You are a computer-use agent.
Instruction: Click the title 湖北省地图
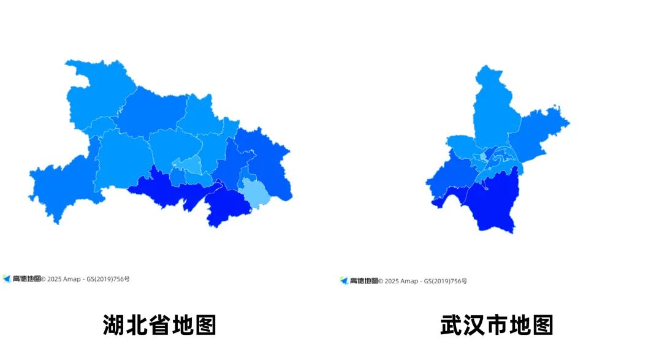click(x=159, y=325)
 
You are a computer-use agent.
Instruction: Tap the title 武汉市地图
click(x=496, y=325)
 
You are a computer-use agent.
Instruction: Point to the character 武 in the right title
click(x=451, y=325)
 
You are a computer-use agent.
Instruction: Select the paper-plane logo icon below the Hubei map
click(x=7, y=278)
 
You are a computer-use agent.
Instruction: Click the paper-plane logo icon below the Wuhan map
click(x=344, y=281)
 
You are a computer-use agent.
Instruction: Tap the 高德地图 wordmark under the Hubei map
click(x=26, y=278)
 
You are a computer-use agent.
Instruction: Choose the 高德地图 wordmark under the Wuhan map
click(x=364, y=281)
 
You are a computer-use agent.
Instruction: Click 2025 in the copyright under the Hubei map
click(x=55, y=279)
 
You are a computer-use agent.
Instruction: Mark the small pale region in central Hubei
click(x=191, y=164)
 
